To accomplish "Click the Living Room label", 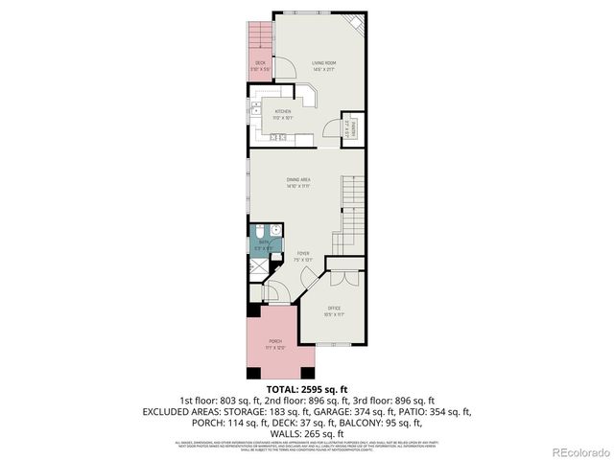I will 323,65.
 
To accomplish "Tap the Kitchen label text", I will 283,113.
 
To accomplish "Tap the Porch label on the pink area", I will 275,344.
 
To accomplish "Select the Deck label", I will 260,65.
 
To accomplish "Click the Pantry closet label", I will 353,126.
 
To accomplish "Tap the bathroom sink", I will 275,230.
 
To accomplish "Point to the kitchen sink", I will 256,111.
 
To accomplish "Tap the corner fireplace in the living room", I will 354,23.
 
